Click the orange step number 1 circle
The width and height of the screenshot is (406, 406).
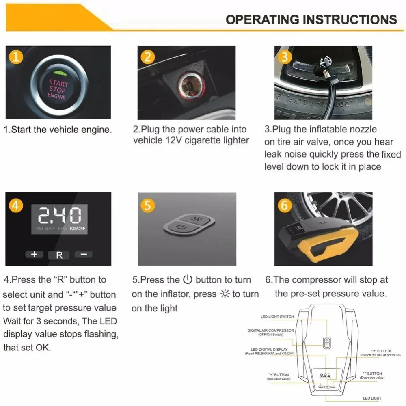click(x=15, y=57)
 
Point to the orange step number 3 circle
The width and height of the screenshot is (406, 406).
click(x=285, y=57)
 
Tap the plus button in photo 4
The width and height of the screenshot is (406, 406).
click(x=35, y=255)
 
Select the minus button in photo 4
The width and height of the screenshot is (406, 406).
click(x=84, y=255)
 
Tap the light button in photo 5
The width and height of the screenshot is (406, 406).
click(x=199, y=219)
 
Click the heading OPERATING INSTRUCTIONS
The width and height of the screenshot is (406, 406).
click(x=311, y=19)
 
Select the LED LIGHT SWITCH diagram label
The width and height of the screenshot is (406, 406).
click(x=277, y=317)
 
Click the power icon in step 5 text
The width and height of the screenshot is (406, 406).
click(x=187, y=279)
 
